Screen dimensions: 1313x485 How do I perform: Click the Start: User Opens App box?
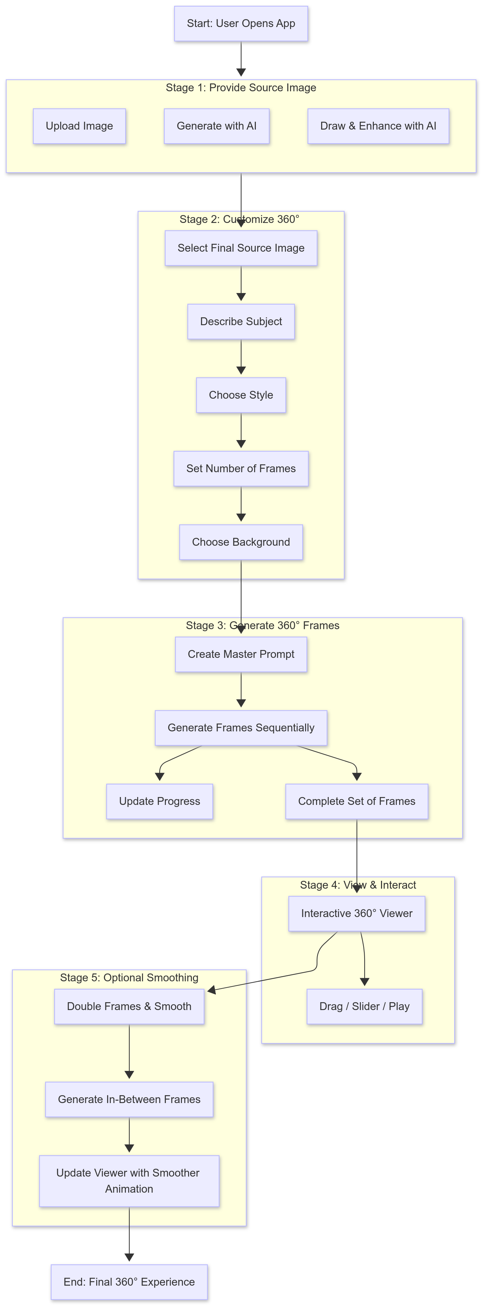coord(241,24)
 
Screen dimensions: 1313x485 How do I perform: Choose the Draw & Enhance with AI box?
coord(378,126)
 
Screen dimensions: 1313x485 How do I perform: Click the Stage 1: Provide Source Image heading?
coord(241,88)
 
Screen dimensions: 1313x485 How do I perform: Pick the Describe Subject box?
coord(241,322)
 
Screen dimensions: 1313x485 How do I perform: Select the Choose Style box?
coord(241,395)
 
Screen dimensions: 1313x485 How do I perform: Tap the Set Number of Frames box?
coord(241,468)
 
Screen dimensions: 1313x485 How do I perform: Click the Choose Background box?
coord(241,542)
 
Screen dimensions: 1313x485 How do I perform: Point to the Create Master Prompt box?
coord(241,654)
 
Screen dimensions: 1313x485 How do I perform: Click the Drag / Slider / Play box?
coord(364,1006)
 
